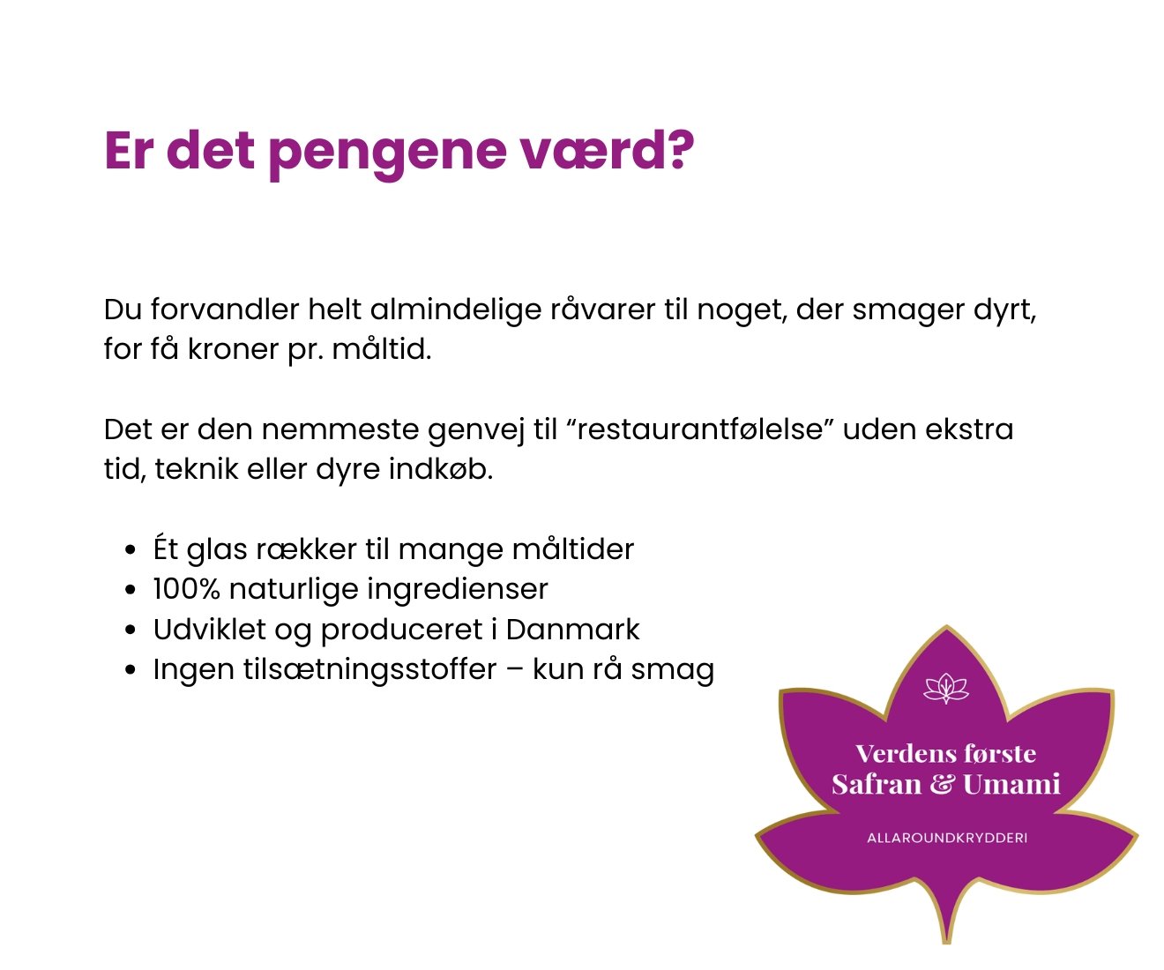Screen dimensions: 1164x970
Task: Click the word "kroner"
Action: click(x=233, y=349)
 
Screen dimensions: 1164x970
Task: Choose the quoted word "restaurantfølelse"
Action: click(x=701, y=429)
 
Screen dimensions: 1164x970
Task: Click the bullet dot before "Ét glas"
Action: click(x=131, y=550)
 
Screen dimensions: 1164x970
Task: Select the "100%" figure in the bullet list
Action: click(x=186, y=589)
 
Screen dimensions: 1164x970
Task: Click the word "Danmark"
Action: click(x=572, y=630)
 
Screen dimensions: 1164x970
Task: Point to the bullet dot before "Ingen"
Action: click(x=131, y=669)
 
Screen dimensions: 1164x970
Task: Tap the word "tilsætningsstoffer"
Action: click(x=370, y=669)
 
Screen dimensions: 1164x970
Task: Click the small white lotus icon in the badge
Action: click(x=946, y=689)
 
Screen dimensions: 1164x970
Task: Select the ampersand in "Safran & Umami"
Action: click(x=942, y=784)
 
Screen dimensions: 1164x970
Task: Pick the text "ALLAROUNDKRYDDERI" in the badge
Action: click(x=947, y=838)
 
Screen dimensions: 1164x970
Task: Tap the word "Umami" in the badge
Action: click(x=1011, y=784)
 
